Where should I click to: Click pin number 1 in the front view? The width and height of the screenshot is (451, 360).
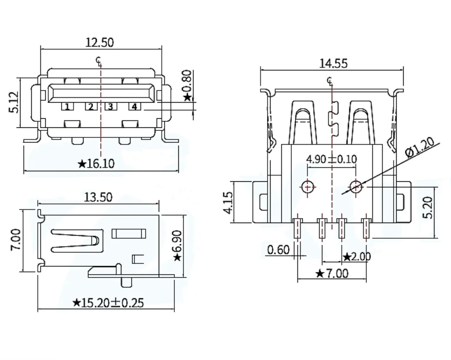[x=67, y=107]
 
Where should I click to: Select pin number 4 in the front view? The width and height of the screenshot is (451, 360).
[x=134, y=107]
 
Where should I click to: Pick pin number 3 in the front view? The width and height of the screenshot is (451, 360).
[x=110, y=107]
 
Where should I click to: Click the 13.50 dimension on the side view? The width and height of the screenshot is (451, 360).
[x=98, y=197]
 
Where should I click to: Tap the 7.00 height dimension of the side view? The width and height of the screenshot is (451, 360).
[x=15, y=240]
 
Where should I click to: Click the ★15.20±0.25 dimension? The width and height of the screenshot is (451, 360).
[x=108, y=303]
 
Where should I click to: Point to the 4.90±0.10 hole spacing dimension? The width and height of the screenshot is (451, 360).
[x=331, y=159]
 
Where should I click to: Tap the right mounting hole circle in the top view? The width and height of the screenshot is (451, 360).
[x=356, y=187]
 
